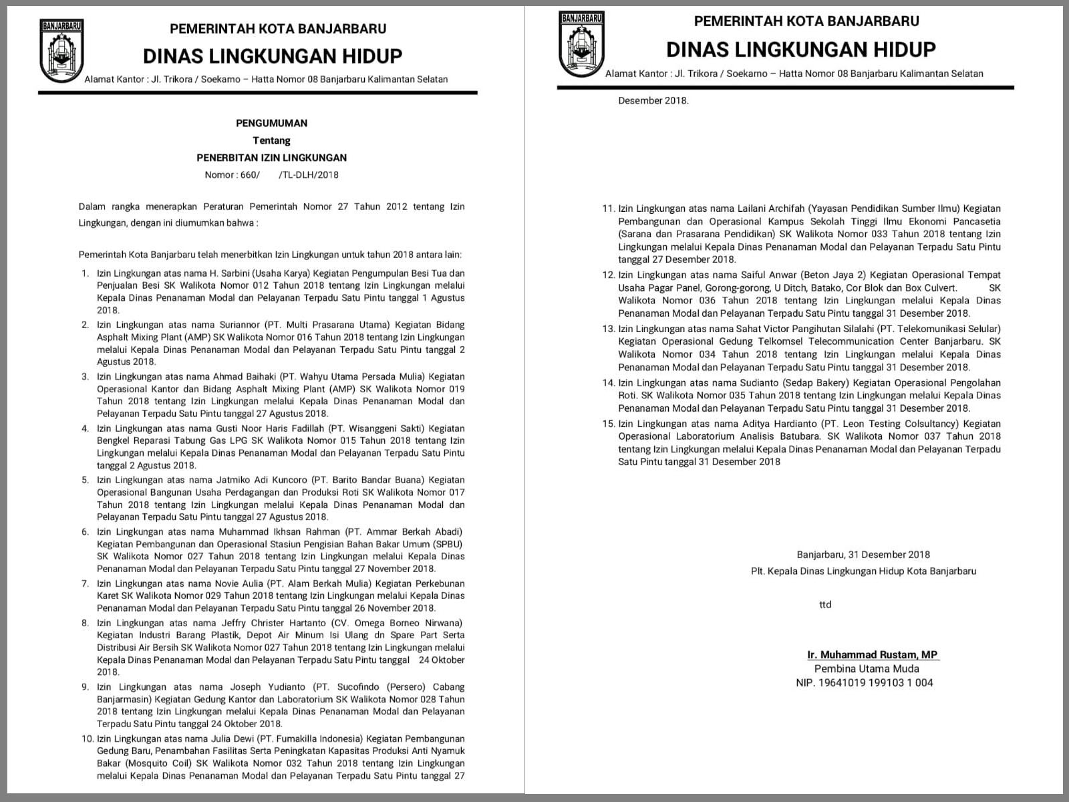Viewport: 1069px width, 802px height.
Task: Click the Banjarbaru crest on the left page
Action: coord(61,51)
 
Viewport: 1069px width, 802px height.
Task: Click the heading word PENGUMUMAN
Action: coord(271,123)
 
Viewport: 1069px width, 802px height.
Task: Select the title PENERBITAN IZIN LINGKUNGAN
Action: coord(271,158)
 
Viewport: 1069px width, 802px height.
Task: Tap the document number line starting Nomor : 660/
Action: coord(271,175)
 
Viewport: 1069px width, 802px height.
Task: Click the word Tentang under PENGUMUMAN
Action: coord(271,140)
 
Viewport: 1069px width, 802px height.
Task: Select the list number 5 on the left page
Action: coord(85,480)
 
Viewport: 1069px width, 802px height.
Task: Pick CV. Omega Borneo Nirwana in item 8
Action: coord(409,623)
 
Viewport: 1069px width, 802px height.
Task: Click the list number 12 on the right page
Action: coord(607,275)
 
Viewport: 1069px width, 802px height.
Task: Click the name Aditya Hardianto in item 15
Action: coord(780,424)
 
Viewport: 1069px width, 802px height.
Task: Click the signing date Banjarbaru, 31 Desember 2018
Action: coord(863,555)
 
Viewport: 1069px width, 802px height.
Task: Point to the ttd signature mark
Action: coord(825,605)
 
